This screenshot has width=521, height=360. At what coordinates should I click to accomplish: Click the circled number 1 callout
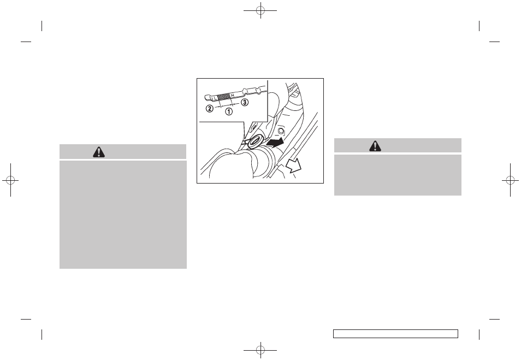229,111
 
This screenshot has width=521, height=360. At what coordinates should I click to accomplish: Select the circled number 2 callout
210,108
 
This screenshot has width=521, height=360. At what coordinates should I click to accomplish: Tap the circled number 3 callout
245,102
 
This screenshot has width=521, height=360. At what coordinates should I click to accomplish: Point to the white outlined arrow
293,165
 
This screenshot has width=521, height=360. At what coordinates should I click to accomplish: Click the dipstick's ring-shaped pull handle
256,141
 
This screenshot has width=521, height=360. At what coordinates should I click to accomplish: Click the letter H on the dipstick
233,96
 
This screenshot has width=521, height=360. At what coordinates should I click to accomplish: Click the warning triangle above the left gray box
99,152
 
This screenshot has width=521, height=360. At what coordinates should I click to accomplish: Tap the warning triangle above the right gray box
375,146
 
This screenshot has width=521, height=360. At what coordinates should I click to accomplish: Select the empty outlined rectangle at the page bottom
395,334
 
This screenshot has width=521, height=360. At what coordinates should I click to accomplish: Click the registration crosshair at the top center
260,10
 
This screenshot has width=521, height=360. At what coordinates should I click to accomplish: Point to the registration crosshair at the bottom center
260,350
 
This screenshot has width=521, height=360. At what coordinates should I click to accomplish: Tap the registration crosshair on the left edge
10,180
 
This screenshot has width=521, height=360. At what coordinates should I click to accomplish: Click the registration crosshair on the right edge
511,180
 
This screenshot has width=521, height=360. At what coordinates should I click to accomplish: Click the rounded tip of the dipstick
206,97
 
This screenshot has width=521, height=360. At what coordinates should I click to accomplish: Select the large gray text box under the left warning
123,215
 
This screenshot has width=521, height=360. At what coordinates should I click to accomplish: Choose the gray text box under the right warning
398,175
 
